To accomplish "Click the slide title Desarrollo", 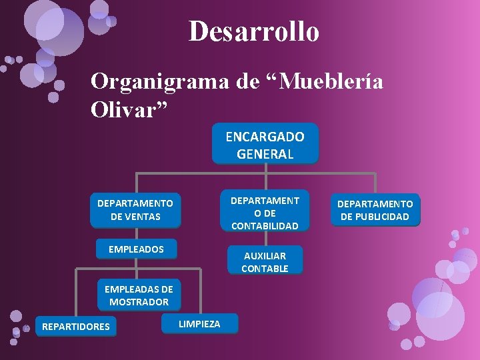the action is (254, 31).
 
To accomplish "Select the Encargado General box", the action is (265, 145).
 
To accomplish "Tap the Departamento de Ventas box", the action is (135, 209).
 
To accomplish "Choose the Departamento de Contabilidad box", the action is (265, 213).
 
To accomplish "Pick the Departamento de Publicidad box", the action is (375, 210).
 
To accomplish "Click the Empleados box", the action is (136, 249).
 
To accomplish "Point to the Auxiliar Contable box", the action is (265, 261).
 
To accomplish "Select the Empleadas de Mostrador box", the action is (139, 295).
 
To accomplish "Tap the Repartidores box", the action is (76, 326).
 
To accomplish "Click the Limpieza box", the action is (199, 324).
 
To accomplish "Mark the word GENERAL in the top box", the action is (265, 153).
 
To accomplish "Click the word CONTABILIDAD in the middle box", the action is (265, 225).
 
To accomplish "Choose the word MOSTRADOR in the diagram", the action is (139, 302).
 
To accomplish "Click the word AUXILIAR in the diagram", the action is (265, 255).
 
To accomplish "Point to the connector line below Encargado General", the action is (265, 169).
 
